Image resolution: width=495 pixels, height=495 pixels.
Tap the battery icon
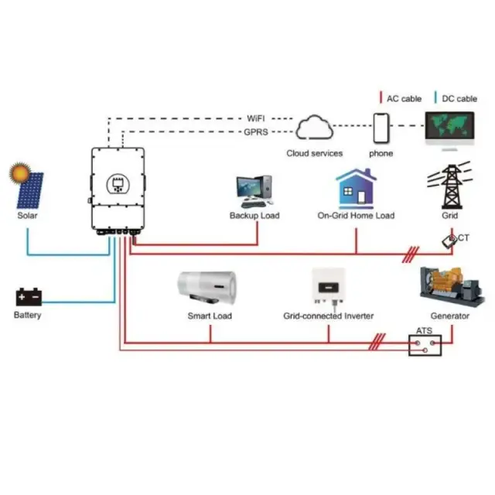click(28, 297)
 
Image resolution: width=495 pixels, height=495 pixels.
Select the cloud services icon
click(314, 127)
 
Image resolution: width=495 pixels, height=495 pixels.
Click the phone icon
click(381, 128)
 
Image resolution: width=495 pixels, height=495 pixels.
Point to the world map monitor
click(450, 129)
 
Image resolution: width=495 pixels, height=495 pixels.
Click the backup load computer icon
click(254, 190)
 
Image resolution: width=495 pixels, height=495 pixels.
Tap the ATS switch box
click(425, 343)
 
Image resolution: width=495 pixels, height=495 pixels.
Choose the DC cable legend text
click(459, 99)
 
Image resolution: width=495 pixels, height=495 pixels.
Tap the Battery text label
click(28, 316)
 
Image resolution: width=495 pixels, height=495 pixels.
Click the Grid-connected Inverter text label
click(328, 316)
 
